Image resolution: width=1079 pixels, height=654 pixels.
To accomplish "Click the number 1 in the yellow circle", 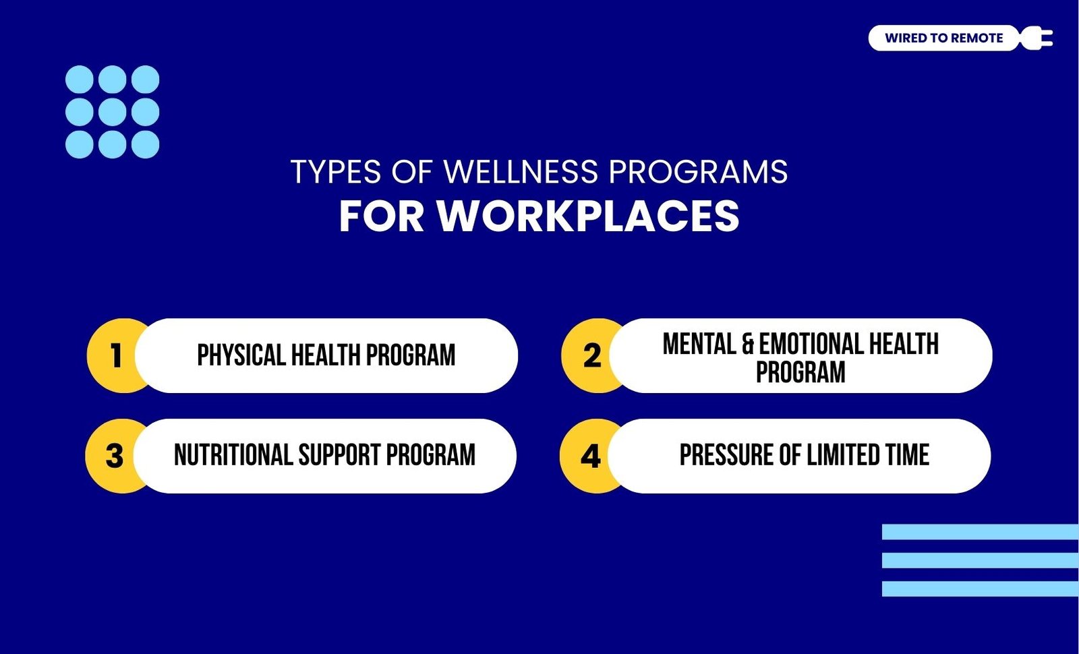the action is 116,355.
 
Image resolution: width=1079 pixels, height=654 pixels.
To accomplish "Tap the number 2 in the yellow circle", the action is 592,355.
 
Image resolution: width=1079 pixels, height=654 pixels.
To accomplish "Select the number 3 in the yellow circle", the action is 115,456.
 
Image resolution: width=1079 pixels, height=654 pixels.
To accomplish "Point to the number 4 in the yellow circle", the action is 591,456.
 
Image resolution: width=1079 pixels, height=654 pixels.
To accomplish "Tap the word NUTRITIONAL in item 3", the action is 233,455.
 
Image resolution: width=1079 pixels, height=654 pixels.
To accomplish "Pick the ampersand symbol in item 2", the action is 748,344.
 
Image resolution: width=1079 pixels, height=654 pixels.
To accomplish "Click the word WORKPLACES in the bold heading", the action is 587,216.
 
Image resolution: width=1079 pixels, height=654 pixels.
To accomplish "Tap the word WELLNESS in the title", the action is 521,171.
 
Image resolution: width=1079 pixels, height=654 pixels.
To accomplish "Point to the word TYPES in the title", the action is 336,171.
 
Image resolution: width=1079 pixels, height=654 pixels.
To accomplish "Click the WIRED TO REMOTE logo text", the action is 943,38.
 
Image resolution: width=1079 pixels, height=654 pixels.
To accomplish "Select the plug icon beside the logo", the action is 1037,38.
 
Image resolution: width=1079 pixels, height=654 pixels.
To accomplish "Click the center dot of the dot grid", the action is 112,112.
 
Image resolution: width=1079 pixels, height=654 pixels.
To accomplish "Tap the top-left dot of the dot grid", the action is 80,80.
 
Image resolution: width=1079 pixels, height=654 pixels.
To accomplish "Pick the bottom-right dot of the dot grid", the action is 146,144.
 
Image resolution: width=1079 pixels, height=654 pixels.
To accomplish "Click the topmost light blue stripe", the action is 981,532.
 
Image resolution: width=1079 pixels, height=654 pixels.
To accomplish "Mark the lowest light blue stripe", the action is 981,589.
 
